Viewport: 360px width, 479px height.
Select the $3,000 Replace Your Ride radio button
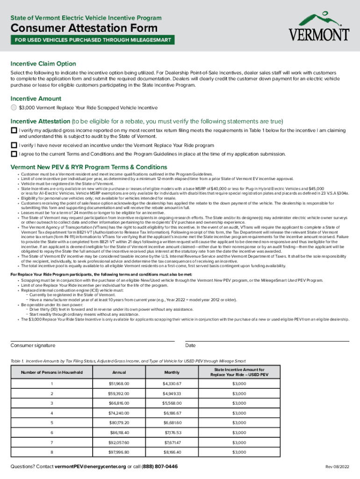pos(14,108)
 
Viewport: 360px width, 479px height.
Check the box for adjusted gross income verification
pos(14,130)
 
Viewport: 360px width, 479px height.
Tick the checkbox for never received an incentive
pos(14,145)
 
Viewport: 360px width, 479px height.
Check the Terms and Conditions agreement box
pos(14,154)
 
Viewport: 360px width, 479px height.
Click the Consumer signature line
pos(92,341)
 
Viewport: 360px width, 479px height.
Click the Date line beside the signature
pos(267,341)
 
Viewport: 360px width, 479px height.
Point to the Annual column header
pos(119,372)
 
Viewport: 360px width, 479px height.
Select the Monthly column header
pos(172,372)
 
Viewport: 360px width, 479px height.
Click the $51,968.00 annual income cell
pos(119,384)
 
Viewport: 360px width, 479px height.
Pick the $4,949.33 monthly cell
pos(172,393)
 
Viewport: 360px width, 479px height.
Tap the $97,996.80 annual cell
pos(119,452)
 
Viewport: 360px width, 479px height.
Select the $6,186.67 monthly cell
pos(172,413)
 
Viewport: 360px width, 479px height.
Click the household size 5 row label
pos(52,423)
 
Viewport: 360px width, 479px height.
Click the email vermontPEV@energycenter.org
pos(90,467)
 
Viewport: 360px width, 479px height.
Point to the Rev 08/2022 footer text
pos(338,467)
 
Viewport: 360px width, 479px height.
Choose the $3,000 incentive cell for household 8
pos(239,452)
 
